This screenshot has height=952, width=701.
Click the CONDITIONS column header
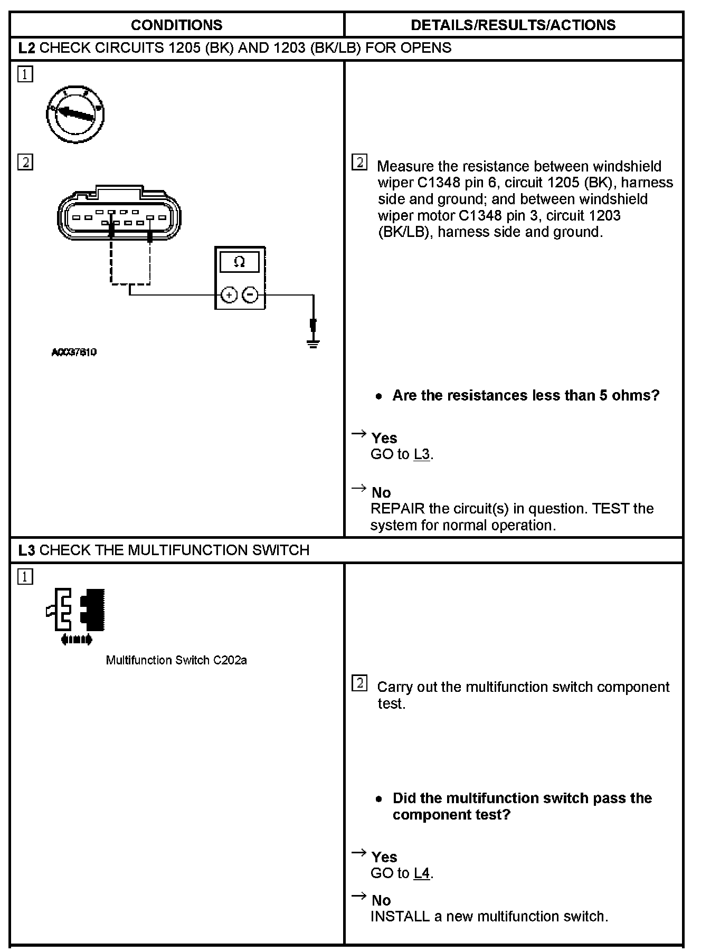coord(176,25)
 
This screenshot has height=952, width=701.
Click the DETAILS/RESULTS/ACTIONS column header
coord(513,25)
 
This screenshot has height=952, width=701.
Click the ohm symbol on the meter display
coord(239,262)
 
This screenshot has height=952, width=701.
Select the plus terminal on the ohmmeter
coord(229,294)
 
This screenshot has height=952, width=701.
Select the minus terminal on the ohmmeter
coord(251,294)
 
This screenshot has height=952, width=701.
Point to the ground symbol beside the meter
coord(313,342)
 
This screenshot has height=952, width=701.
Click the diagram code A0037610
coord(74,353)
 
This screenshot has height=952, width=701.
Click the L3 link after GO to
coord(422,454)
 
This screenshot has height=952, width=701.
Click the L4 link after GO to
coord(422,873)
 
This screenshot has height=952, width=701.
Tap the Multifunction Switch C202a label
coord(176,660)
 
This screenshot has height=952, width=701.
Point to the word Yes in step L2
coord(384,438)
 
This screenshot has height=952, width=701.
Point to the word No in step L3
coord(381,900)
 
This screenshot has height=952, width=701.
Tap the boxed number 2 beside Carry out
coord(359,684)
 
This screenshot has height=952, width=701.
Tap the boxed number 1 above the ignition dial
coord(25,74)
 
